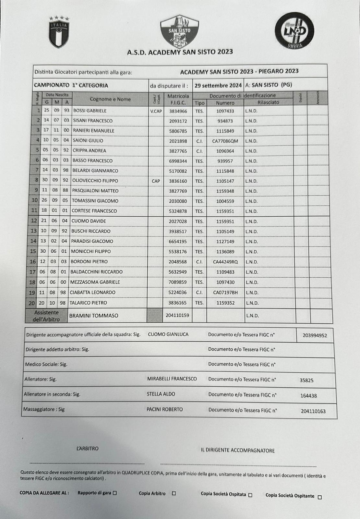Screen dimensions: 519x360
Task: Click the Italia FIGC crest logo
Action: point(59,32)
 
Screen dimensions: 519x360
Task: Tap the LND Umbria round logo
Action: point(294,31)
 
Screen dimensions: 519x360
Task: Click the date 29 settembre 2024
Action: point(218,86)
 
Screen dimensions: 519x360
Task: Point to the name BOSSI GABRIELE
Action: point(90,111)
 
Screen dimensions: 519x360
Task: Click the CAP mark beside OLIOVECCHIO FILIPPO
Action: point(156,181)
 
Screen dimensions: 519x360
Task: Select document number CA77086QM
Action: point(225,141)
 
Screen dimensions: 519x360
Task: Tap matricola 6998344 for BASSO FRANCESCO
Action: point(178,161)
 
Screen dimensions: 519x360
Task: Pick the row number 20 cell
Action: point(31,303)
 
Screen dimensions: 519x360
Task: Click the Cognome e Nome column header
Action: point(110,99)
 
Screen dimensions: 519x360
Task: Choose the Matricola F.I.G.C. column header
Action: point(178,99)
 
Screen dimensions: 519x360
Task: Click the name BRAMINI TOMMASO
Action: point(94,316)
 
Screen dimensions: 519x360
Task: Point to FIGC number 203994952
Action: point(315,335)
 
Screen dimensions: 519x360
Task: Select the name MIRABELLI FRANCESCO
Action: point(172,379)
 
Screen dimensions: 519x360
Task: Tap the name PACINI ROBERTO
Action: point(164,409)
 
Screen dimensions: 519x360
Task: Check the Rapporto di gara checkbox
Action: point(115,493)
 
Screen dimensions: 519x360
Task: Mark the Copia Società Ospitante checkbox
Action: point(320,497)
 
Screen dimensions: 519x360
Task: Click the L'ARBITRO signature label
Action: point(87,449)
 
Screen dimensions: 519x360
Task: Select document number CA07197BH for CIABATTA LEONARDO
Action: point(225,293)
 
